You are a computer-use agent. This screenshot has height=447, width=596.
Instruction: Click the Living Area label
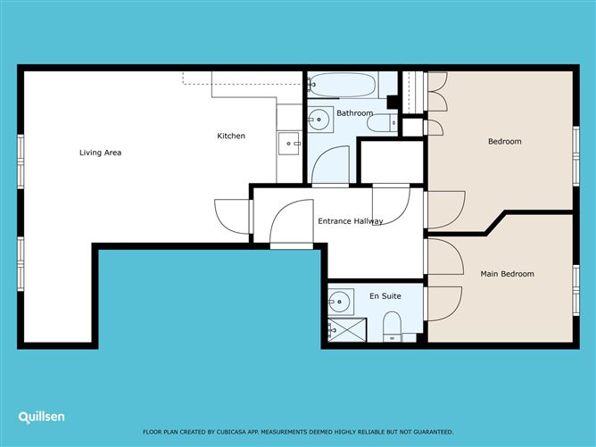tap(100, 153)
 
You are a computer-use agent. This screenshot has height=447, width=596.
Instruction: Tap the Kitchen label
tap(231, 136)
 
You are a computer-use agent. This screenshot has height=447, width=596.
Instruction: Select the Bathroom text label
tap(354, 113)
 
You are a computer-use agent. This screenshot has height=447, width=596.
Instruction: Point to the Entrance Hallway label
tap(351, 221)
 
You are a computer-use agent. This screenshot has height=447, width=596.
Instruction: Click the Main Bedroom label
tap(507, 274)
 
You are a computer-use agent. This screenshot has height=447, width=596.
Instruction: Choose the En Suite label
tap(385, 295)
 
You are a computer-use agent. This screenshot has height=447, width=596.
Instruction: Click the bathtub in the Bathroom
tap(343, 85)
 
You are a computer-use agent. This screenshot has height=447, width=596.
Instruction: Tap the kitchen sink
tap(289, 144)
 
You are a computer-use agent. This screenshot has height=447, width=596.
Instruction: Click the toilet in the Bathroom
tap(382, 123)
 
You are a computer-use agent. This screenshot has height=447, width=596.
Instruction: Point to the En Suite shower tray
tap(347, 330)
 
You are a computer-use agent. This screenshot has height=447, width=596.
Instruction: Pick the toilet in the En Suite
tap(393, 327)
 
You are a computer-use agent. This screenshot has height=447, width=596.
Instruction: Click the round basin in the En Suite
tap(340, 302)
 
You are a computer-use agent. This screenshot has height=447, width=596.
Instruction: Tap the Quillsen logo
tap(41, 418)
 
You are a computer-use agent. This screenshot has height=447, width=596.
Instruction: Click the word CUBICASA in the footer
tap(231, 432)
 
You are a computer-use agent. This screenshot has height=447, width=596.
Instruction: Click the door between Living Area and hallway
tap(232, 217)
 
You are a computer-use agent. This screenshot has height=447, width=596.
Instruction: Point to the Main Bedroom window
tap(576, 290)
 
